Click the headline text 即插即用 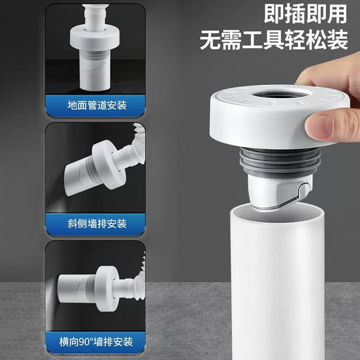(x=305, y=14)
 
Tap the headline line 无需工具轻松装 (x=274, y=40)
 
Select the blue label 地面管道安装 (x=97, y=105)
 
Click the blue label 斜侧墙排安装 (x=97, y=223)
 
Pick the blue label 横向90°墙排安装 (x=96, y=341)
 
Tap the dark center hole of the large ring (x=281, y=95)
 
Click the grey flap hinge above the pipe (x=304, y=191)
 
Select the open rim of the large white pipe (x=277, y=213)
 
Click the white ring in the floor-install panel (x=94, y=38)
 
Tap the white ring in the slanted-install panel (x=109, y=165)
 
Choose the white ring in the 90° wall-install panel (x=107, y=289)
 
